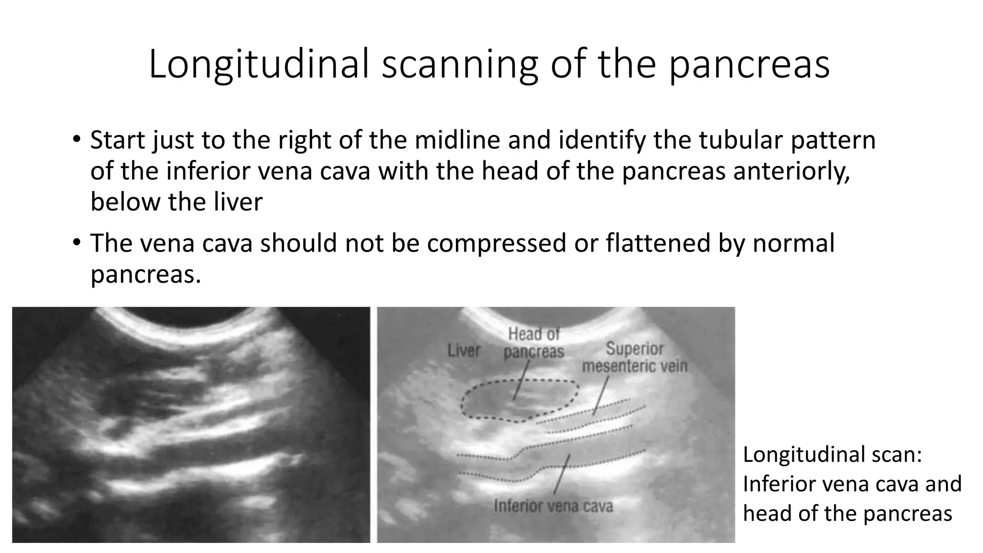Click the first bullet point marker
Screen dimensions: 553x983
pyautogui.click(x=76, y=140)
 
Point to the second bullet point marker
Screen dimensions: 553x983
pyautogui.click(x=76, y=242)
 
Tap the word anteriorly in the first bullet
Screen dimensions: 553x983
pyautogui.click(x=791, y=171)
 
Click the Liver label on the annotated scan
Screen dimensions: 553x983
pyautogui.click(x=464, y=350)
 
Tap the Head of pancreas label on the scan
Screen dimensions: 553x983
pyautogui.click(x=534, y=343)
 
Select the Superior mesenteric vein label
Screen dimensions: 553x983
pyautogui.click(x=635, y=358)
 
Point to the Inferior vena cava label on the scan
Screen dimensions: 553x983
pyautogui.click(x=553, y=506)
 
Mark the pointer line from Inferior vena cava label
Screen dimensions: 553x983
pyautogui.click(x=561, y=475)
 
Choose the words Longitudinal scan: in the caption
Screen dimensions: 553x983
pyautogui.click(x=832, y=454)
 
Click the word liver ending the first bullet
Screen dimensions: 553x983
pyautogui.click(x=238, y=202)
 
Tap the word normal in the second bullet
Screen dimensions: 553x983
pyautogui.click(x=793, y=243)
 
